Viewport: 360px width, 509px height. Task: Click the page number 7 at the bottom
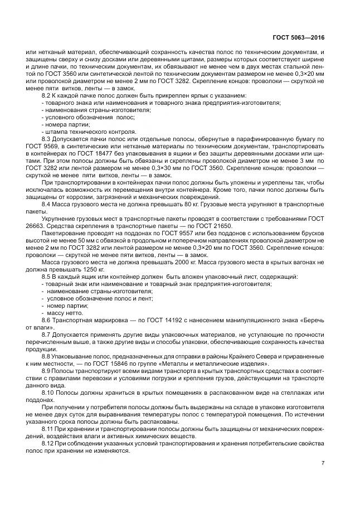[323, 462]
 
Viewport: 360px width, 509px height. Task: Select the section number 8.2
[47, 96]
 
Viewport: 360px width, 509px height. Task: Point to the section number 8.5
[47, 277]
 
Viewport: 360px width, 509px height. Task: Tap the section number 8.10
[49, 392]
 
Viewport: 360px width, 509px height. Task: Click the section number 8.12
[49, 443]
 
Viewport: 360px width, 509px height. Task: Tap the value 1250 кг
[85, 269]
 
